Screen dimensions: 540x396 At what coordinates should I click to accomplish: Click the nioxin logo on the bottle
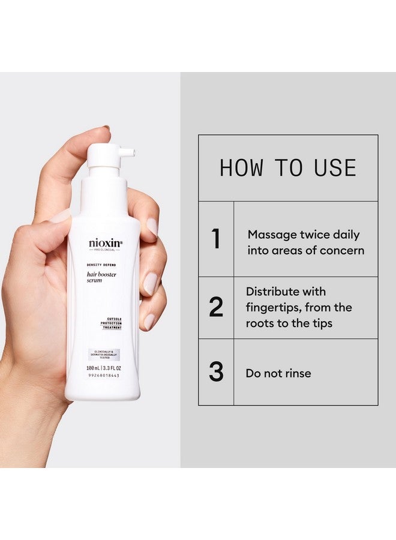pos(105,243)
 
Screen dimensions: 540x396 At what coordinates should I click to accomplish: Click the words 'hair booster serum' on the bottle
pos(100,279)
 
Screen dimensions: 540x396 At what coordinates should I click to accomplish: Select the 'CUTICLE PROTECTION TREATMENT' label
pos(111,322)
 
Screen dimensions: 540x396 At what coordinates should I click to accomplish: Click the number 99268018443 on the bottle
pos(103,375)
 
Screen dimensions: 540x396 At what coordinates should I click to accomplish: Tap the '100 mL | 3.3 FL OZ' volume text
pos(103,367)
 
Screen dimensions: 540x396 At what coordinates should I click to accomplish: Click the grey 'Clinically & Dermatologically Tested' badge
pos(104,355)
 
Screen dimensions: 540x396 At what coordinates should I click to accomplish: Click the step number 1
pos(216,239)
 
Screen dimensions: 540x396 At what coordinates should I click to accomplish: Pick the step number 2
pos(216,307)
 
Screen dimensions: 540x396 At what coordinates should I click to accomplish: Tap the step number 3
pos(216,372)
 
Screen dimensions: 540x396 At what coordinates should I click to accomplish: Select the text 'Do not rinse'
pos(278,373)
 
